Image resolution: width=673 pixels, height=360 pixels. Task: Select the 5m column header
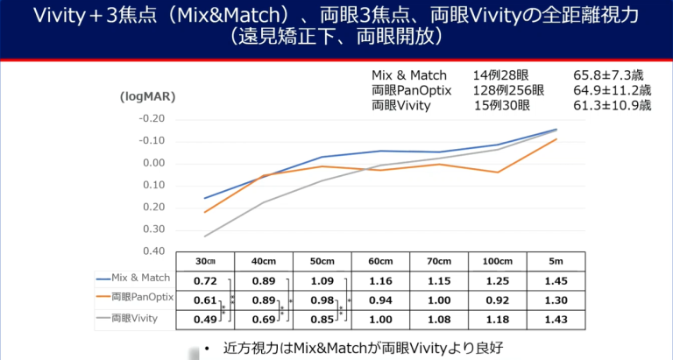556,261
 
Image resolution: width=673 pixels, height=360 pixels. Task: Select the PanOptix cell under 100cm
497,299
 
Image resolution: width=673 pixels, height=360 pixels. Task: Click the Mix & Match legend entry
136,279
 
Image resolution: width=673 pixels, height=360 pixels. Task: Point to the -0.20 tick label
152,119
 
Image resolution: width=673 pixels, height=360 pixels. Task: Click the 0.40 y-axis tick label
154,251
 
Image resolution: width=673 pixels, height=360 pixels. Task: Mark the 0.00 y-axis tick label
154,163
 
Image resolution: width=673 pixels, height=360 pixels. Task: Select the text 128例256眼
507,90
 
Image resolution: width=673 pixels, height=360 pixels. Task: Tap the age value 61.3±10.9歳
613,105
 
